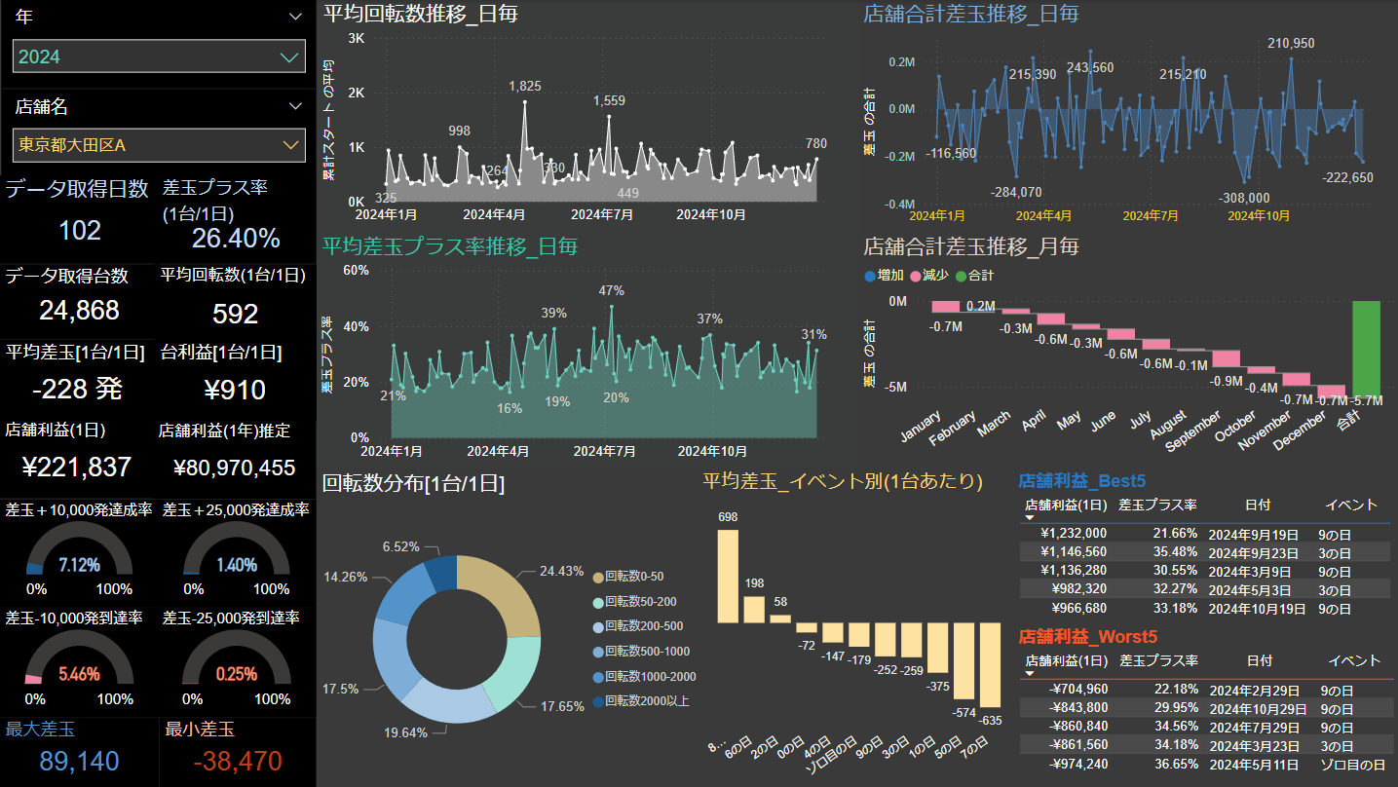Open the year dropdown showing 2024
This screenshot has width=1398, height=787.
(159, 56)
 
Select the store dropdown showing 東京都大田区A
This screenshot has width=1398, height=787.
(159, 145)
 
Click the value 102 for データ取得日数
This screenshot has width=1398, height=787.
(80, 231)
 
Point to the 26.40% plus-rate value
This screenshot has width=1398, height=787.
(236, 239)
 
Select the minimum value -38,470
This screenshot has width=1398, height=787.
(238, 761)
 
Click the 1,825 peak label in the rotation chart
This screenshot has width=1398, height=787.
(525, 87)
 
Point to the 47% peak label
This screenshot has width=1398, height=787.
(611, 290)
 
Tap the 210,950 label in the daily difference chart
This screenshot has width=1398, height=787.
(1291, 44)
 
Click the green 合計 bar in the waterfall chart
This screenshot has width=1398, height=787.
(1366, 347)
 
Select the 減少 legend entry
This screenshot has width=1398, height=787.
(929, 276)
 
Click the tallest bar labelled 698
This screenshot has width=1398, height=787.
(728, 576)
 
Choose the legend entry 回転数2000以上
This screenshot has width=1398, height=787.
(646, 701)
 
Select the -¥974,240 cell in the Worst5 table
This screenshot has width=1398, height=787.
(1071, 765)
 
